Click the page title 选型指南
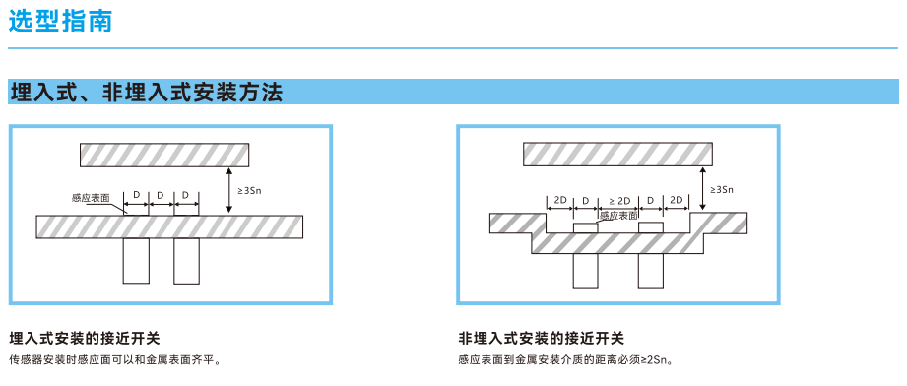click(x=60, y=21)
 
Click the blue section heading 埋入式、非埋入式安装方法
click(x=147, y=92)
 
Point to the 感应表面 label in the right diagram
click(x=618, y=215)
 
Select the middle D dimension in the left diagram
click(x=162, y=196)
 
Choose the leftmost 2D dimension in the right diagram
click(x=560, y=200)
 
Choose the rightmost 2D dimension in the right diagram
click(x=677, y=200)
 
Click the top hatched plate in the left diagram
click(x=164, y=155)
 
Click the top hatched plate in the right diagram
click(x=617, y=154)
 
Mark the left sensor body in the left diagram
click(x=136, y=260)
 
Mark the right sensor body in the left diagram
click(x=187, y=260)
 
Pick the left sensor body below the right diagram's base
click(x=585, y=270)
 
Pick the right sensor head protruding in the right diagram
click(x=651, y=227)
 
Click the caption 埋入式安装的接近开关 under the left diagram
click(x=85, y=338)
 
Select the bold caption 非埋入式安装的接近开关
click(x=541, y=338)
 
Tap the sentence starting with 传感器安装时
click(x=115, y=360)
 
